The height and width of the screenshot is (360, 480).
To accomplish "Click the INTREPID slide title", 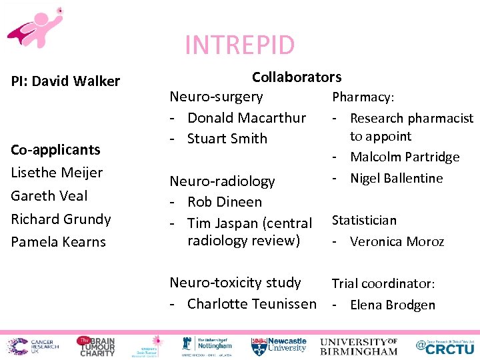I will (x=239, y=45).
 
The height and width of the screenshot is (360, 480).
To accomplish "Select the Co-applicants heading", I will (x=55, y=149).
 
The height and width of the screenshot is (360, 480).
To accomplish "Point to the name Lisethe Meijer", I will (x=57, y=173).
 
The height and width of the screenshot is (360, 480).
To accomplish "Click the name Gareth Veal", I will (x=49, y=195).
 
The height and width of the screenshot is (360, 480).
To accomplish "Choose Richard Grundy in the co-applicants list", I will (x=61, y=219).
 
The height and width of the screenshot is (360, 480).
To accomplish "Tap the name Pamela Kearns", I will (x=58, y=242).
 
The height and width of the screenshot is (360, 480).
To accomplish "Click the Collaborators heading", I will (x=296, y=77).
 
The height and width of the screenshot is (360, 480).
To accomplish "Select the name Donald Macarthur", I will (x=246, y=118).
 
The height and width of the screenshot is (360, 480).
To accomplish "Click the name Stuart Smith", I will (x=227, y=139).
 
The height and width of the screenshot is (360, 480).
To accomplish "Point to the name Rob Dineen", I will (x=225, y=202).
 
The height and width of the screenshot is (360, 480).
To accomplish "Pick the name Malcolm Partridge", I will (x=405, y=157).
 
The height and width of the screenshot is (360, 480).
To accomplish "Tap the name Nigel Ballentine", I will (x=396, y=178).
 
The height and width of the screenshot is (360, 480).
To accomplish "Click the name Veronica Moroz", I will (x=397, y=241).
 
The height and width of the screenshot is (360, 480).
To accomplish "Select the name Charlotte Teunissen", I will (x=251, y=304).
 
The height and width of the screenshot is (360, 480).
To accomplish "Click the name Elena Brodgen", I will (x=392, y=305).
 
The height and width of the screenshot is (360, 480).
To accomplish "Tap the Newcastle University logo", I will (x=279, y=345).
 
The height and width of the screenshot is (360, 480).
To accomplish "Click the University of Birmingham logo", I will (x=359, y=346).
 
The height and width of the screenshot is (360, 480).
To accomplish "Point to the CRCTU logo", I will (x=445, y=345).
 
